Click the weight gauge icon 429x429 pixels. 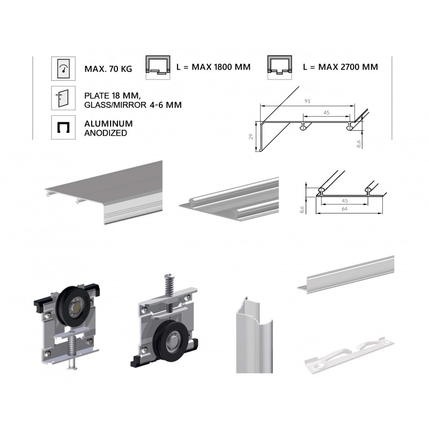pyautogui.click(x=63, y=69)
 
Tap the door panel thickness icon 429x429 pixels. pyautogui.click(x=63, y=98)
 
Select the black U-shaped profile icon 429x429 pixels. pyautogui.click(x=63, y=127)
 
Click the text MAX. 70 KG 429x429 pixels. pyautogui.click(x=108, y=69)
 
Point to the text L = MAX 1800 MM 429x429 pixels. pyautogui.click(x=213, y=67)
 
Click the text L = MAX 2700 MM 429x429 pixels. pyautogui.click(x=341, y=67)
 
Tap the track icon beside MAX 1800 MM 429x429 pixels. pyautogui.click(x=158, y=68)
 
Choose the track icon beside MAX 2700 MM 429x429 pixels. pyautogui.click(x=279, y=68)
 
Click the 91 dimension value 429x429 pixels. pyautogui.click(x=307, y=101)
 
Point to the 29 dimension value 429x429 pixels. pyautogui.click(x=251, y=137)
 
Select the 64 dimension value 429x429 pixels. pyautogui.click(x=344, y=209)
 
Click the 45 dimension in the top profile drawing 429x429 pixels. pyautogui.click(x=327, y=113)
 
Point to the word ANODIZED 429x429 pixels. pyautogui.click(x=106, y=133)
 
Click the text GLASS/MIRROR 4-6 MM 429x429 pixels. pyautogui.click(x=133, y=105)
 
